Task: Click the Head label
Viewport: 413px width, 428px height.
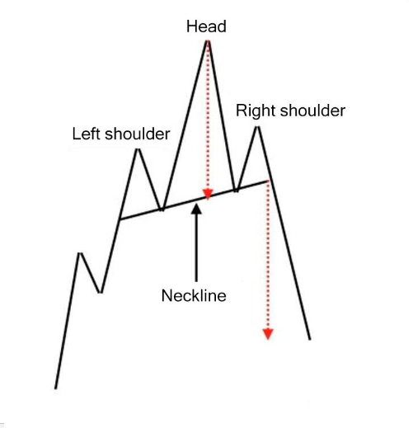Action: click(206, 26)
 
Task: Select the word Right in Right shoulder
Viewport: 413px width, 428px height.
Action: click(256, 111)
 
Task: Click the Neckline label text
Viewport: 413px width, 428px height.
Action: click(194, 296)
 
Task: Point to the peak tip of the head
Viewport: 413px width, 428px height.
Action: click(208, 41)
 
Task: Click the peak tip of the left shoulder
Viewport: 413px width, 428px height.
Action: click(138, 149)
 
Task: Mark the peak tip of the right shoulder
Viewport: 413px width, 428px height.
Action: click(257, 127)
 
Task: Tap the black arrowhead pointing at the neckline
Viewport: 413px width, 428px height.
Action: click(196, 209)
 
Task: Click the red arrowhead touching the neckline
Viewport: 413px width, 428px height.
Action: click(208, 194)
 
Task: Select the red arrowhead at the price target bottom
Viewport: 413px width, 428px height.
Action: click(268, 334)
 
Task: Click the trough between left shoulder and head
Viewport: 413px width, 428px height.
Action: click(162, 210)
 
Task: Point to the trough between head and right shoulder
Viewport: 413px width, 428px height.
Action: click(237, 190)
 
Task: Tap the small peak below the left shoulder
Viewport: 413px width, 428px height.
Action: click(80, 253)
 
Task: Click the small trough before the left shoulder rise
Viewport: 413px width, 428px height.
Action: click(101, 293)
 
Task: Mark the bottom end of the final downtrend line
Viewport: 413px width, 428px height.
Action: click(310, 340)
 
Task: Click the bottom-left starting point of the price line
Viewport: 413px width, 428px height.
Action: click(55, 388)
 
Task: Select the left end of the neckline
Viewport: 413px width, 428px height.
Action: click(120, 219)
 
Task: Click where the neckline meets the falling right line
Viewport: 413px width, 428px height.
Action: click(270, 181)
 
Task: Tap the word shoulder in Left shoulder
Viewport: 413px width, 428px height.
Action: click(138, 134)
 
